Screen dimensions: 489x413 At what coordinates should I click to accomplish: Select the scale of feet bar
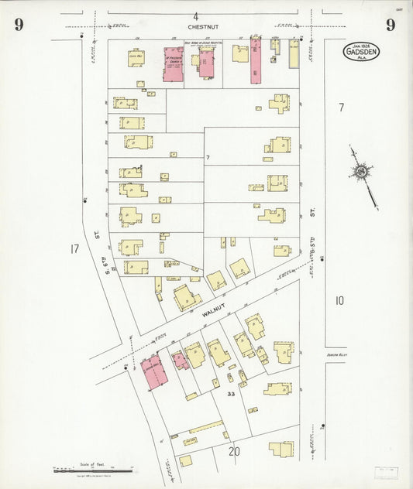click(x=93, y=469)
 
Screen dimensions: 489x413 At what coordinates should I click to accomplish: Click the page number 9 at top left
click(x=19, y=25)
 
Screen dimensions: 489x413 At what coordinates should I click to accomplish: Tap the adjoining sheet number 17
click(x=74, y=249)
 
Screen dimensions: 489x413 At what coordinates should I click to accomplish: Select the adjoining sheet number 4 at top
click(x=196, y=15)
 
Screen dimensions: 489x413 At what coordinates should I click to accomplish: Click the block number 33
click(x=231, y=395)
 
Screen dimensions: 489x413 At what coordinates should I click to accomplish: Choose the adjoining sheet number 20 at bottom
click(x=234, y=451)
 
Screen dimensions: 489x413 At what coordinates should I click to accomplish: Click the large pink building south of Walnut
click(x=153, y=372)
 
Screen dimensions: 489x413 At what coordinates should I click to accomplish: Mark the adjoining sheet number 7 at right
click(x=340, y=108)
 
